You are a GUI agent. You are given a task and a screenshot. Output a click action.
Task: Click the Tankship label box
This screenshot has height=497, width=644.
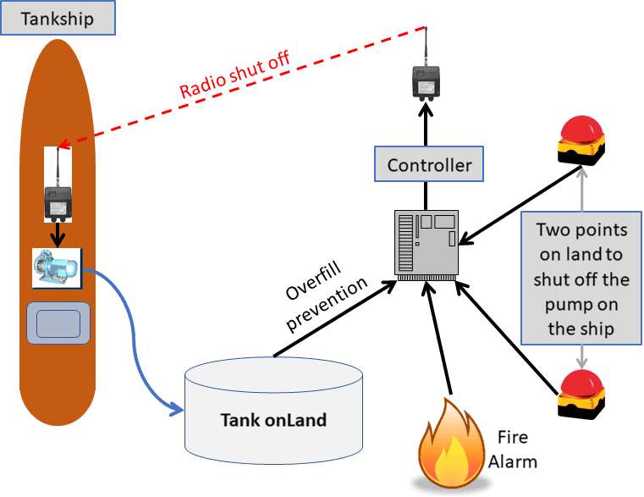(x=58, y=19)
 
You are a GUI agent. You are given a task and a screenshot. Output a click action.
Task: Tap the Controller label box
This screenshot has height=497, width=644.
(x=429, y=164)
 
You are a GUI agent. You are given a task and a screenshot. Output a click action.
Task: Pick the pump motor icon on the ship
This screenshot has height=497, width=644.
(x=56, y=267)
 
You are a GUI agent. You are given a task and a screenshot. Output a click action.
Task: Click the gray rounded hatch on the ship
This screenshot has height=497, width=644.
(x=58, y=323)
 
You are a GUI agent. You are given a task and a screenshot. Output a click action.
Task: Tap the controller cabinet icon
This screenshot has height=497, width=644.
(x=427, y=245)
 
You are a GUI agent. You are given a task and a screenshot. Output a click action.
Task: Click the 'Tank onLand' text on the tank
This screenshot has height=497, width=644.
(x=272, y=419)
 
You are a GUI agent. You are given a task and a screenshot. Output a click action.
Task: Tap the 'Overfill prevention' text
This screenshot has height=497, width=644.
(x=326, y=301)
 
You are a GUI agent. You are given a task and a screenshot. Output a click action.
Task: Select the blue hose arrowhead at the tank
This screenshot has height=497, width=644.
(x=176, y=410)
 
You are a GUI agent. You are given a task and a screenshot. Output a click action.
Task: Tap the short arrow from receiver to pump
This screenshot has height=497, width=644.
(x=58, y=232)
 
